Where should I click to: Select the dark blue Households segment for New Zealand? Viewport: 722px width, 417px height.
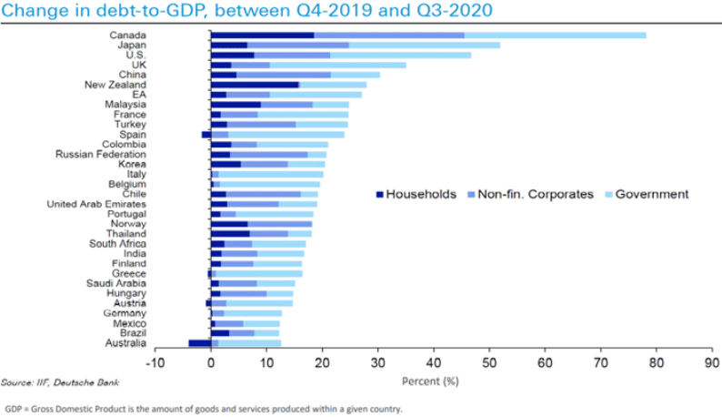point(255,85)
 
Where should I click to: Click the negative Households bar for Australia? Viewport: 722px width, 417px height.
point(199,342)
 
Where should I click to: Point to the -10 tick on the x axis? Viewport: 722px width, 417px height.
point(155,361)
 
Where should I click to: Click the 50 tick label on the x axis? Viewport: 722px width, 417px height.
point(489,361)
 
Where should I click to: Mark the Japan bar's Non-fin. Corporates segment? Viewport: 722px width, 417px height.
point(298,45)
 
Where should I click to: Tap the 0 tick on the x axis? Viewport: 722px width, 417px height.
point(211,361)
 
